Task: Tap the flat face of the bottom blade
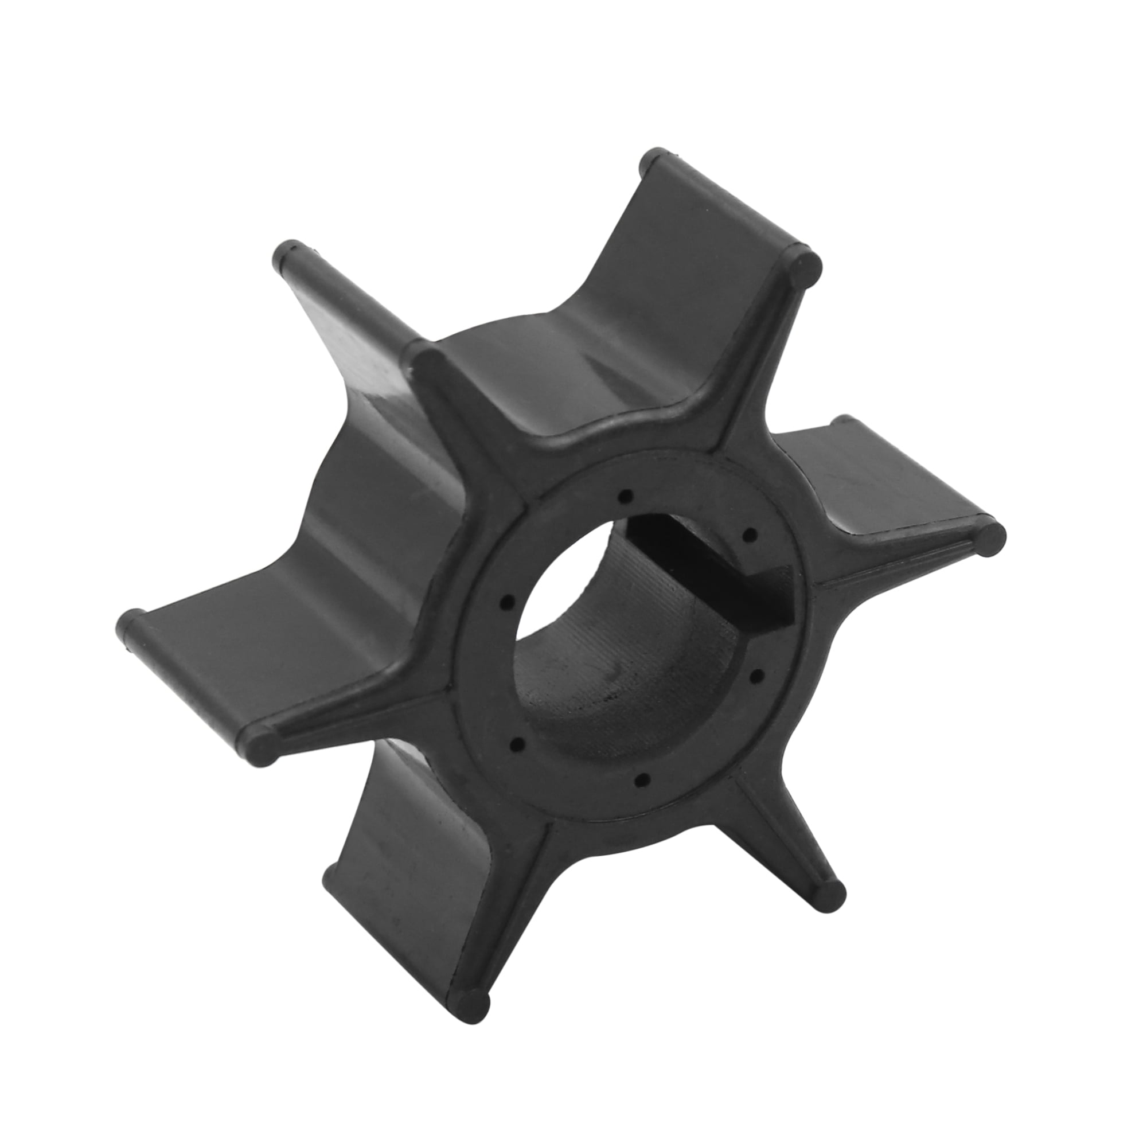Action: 416,861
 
